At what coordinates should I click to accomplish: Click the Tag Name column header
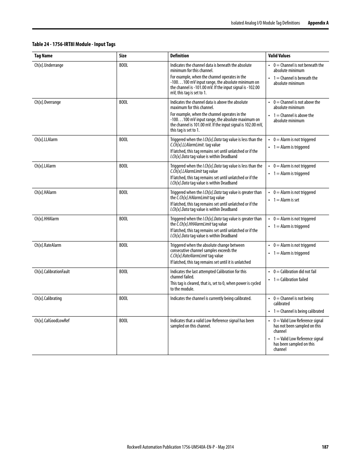[43, 56]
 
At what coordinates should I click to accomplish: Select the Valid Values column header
[279, 56]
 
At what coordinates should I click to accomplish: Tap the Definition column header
[180, 56]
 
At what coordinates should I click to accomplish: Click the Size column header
[123, 56]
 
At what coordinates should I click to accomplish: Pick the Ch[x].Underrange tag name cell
[49, 65]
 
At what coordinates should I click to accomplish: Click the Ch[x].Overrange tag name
[48, 102]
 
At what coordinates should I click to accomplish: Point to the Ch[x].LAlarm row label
[45, 166]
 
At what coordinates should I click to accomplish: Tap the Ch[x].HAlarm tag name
[45, 192]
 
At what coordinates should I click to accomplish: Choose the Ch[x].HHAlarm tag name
[46, 219]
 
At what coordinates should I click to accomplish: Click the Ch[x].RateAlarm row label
[48, 245]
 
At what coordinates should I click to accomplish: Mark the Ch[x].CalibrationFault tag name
[52, 272]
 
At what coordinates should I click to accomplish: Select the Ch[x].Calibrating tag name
[48, 298]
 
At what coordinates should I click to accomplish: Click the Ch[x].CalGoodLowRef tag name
[52, 321]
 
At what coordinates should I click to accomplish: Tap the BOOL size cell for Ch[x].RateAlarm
[123, 245]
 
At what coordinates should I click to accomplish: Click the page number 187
[325, 447]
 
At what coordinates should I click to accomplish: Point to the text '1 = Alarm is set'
[286, 200]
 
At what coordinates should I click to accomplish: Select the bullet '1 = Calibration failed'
[291, 280]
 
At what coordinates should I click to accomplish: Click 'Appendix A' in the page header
[318, 23]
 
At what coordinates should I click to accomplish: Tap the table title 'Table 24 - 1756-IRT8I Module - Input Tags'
[74, 45]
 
